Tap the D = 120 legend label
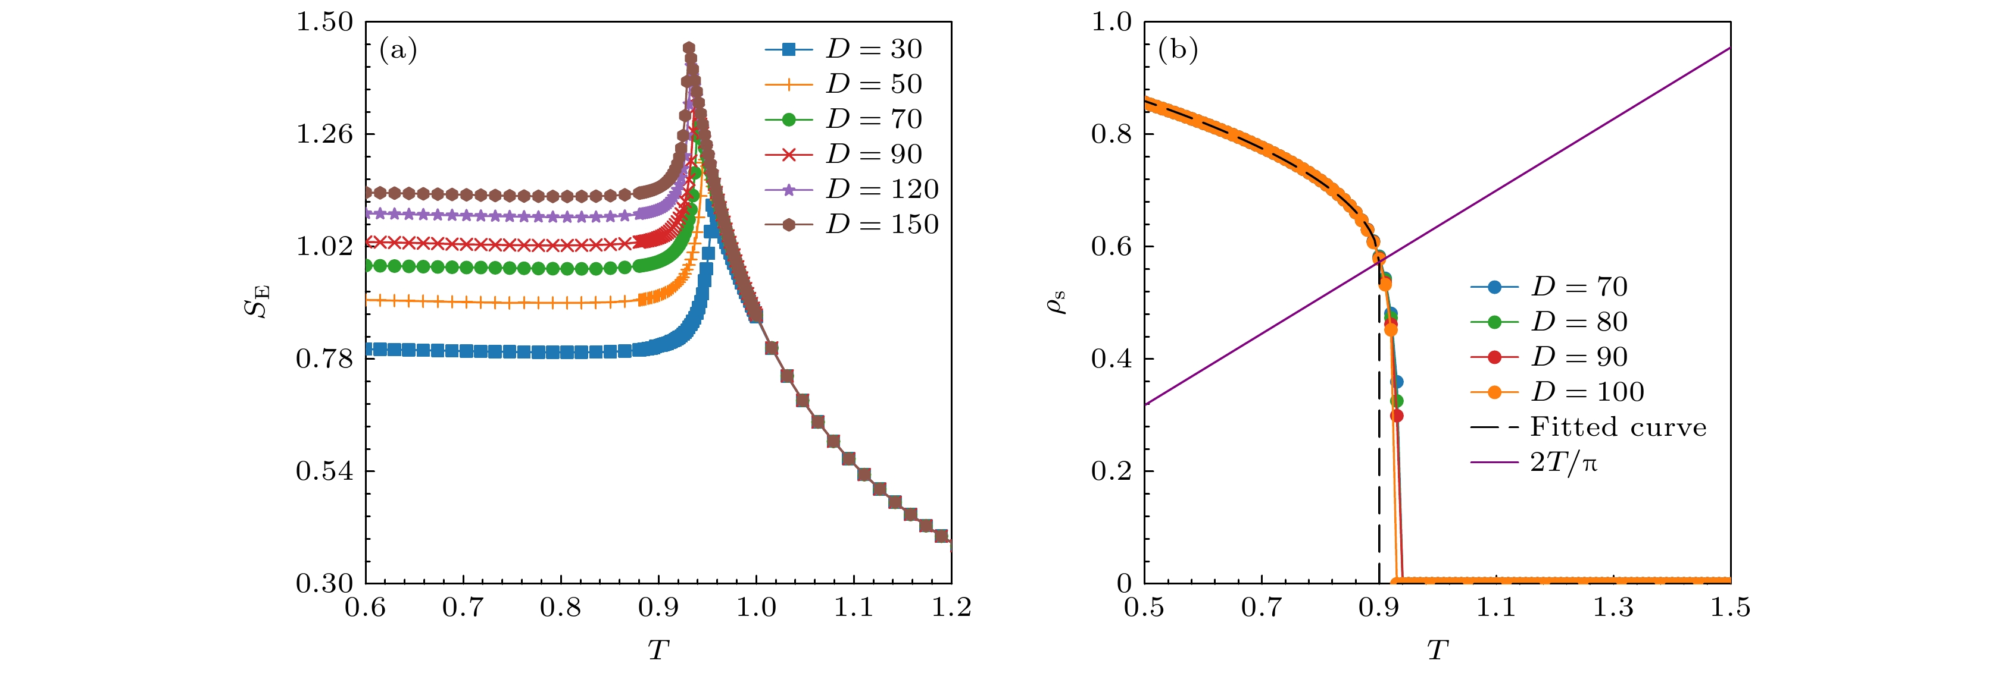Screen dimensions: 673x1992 882,189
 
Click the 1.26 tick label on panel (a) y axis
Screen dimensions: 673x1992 325,134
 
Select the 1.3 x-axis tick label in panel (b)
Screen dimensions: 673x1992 1613,608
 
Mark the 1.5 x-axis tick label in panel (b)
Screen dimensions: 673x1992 1730,608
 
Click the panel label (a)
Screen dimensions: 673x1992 398,50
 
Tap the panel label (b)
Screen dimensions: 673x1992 1178,50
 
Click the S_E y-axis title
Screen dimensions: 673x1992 258,301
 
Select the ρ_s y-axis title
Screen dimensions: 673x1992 1056,301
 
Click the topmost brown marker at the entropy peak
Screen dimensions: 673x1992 689,49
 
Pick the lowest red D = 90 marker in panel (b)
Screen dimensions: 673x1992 1397,416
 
